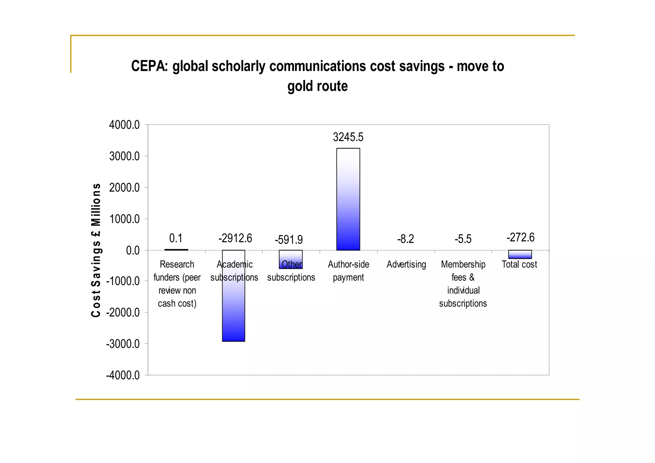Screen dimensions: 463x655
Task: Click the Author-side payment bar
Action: point(348,199)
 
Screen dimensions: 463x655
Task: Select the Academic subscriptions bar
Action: point(233,307)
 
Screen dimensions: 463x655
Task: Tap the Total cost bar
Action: point(520,255)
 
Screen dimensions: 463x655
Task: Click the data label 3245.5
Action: point(348,137)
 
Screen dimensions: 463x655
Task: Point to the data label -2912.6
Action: point(235,238)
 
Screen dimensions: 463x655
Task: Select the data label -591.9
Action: point(288,239)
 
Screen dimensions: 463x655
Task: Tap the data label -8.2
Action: point(406,239)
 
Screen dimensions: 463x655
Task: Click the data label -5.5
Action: point(463,239)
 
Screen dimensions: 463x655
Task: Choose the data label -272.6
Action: point(520,238)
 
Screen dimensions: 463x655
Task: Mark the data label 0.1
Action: point(176,238)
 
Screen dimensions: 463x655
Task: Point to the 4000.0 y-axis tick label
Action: point(124,125)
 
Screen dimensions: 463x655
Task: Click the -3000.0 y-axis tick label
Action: point(123,344)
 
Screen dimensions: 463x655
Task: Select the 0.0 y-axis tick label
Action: point(133,250)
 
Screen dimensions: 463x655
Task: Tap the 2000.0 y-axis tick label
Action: point(124,188)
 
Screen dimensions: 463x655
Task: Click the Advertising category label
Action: point(406,264)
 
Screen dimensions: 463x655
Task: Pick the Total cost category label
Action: point(519,264)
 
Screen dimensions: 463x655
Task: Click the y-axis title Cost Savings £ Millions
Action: point(96,250)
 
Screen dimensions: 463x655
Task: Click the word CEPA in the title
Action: point(149,66)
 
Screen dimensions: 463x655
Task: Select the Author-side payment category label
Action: point(348,271)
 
